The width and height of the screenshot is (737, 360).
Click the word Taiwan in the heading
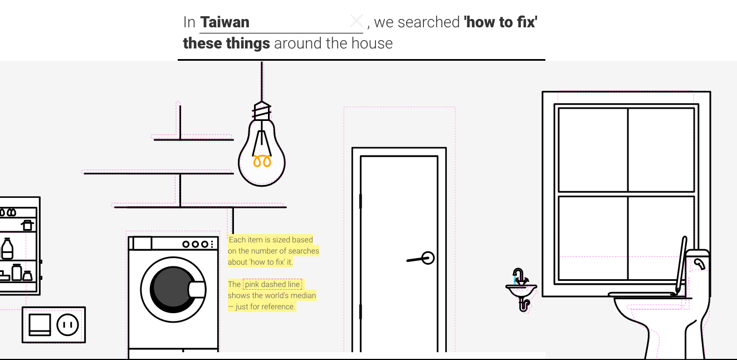224,22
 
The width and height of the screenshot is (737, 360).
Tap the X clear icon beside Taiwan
356,21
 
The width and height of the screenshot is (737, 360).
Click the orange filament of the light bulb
262,161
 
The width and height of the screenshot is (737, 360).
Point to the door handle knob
428,258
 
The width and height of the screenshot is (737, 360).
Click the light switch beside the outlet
40,324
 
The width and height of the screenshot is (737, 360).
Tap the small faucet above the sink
519,276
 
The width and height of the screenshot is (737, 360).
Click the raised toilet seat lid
681,265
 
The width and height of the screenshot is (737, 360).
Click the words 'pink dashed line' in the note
272,284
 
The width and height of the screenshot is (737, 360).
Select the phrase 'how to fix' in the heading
500,22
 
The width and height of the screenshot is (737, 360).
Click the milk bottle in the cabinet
7,249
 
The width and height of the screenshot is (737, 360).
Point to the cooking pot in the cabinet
27,225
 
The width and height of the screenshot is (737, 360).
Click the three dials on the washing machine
199,244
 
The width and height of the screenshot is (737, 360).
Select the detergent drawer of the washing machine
142,244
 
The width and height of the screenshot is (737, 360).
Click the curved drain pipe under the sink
524,304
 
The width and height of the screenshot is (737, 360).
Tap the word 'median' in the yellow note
304,295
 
